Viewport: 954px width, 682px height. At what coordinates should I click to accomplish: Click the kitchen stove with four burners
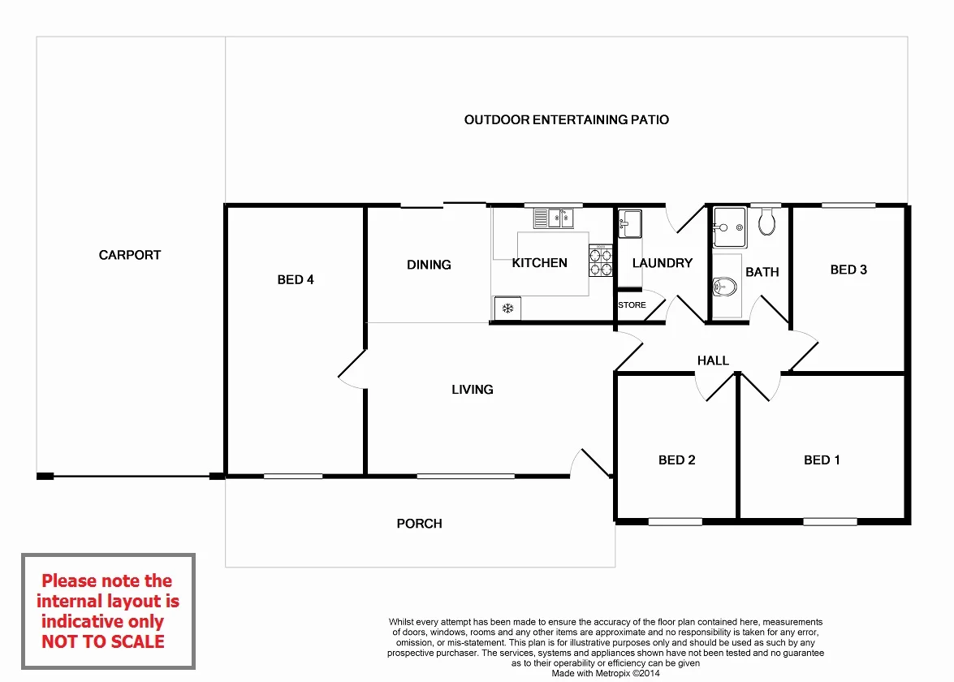pyautogui.click(x=600, y=261)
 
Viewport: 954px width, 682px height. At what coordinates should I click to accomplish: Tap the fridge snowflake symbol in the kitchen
pyautogui.click(x=507, y=309)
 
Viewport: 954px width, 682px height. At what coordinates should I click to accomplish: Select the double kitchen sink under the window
pyautogui.click(x=553, y=218)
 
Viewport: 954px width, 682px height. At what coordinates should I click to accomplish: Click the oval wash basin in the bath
pyautogui.click(x=724, y=287)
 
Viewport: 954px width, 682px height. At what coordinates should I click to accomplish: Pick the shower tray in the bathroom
pyautogui.click(x=729, y=227)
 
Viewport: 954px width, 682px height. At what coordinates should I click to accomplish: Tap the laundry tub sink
pyautogui.click(x=630, y=223)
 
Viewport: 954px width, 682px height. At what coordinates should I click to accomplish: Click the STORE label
pyautogui.click(x=632, y=305)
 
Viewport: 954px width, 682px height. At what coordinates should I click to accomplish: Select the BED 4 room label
pyautogui.click(x=296, y=280)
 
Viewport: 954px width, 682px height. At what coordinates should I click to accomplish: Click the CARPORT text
pyautogui.click(x=130, y=255)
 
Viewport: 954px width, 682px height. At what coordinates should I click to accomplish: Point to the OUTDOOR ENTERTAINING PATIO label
pyautogui.click(x=566, y=120)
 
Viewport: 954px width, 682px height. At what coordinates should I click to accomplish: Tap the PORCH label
pyautogui.click(x=419, y=524)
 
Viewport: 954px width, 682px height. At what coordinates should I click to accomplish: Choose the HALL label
pyautogui.click(x=713, y=360)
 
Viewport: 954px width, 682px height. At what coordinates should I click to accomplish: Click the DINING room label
pyautogui.click(x=429, y=265)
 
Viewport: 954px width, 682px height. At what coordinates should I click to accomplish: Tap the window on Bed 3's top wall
pyautogui.click(x=848, y=205)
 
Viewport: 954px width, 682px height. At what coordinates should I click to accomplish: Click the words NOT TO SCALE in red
pyautogui.click(x=103, y=641)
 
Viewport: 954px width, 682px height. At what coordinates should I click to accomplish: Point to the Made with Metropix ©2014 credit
pyautogui.click(x=606, y=673)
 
